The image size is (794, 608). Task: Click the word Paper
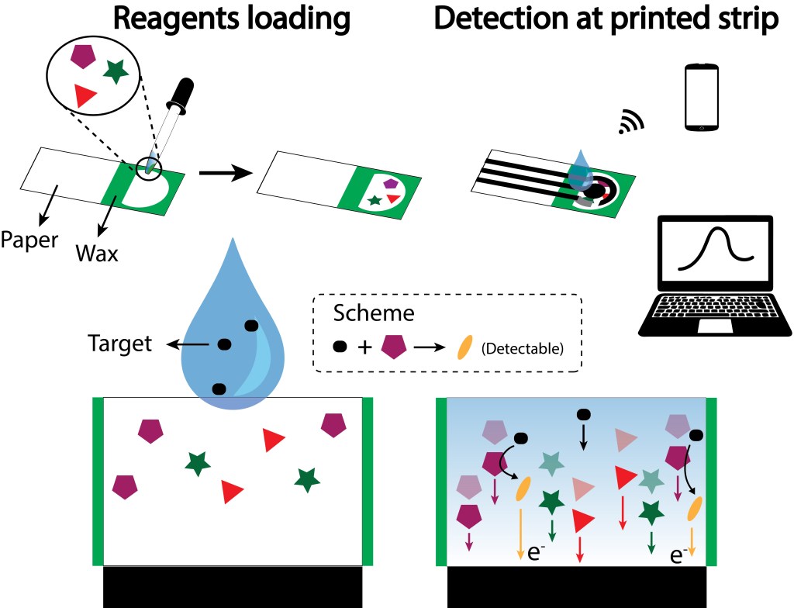coord(29,240)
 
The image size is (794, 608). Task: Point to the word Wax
coord(97,252)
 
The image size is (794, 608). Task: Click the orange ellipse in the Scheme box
coord(463,347)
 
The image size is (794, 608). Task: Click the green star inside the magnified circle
coord(116,71)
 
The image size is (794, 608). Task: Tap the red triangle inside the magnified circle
coord(85,95)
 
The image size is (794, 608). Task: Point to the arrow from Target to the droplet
coord(189,344)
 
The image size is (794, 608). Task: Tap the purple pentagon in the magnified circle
coord(82,56)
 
